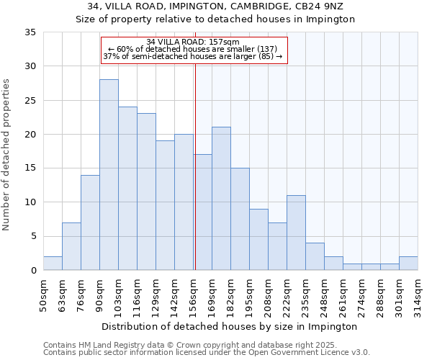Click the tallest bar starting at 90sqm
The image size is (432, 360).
[x=109, y=175]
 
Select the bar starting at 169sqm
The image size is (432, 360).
[x=221, y=199]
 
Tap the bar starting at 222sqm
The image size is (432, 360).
[x=296, y=233]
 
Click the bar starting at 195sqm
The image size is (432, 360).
[x=258, y=239]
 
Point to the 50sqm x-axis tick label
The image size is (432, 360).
[x=43, y=293]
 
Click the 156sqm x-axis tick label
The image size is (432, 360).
[x=193, y=293]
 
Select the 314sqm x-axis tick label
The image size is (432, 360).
[x=418, y=293]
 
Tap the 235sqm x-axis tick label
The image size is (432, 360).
[x=305, y=293]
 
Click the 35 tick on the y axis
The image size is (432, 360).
[x=31, y=32]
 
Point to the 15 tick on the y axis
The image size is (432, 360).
[x=31, y=168]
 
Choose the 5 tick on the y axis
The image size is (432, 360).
[x=33, y=236]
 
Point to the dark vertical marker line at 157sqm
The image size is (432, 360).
[x=195, y=180]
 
